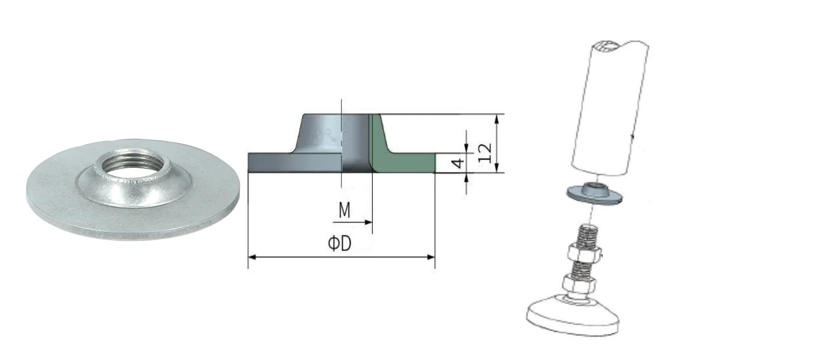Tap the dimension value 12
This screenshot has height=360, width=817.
tap(485, 153)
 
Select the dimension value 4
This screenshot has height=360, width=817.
tap(458, 163)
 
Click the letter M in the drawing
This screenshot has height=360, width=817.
tap(344, 210)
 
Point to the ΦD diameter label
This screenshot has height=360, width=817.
tap(340, 243)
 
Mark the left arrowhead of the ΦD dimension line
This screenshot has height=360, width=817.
tap(252, 257)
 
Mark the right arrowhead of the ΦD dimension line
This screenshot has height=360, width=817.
tap(431, 257)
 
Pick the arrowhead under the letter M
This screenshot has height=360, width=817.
tap(368, 222)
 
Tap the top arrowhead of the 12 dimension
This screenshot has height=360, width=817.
tap(496, 118)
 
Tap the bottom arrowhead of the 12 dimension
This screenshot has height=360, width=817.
tap(496, 168)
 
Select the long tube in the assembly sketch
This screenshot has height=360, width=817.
tap(610, 108)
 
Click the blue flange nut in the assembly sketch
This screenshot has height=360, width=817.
tap(594, 193)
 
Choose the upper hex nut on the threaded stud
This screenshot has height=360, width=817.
tap(584, 253)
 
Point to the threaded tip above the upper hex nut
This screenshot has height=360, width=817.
tap(587, 235)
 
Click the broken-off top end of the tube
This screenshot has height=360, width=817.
tap(619, 47)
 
